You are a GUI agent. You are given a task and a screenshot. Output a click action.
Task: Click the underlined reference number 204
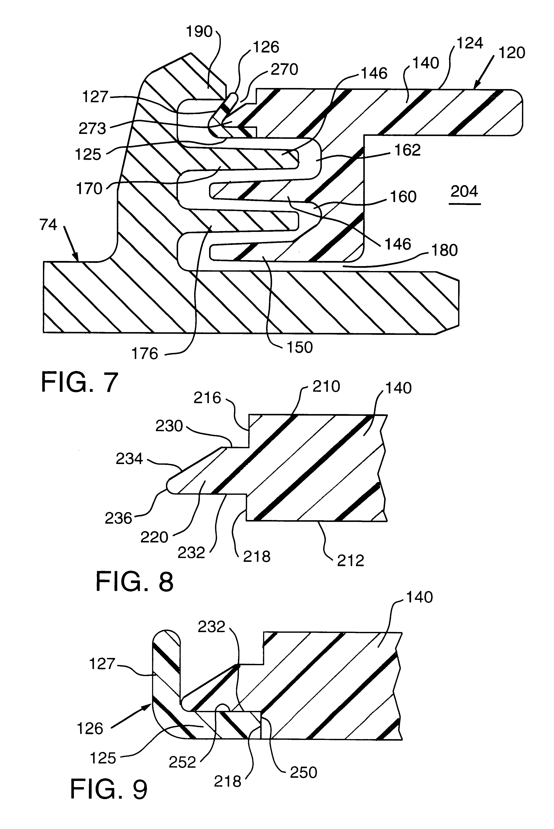click(x=464, y=192)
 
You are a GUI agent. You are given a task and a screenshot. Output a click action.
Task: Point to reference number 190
click(x=199, y=32)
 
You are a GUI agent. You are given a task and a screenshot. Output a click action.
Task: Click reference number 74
click(x=48, y=225)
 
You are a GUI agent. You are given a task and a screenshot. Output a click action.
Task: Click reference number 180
click(x=444, y=250)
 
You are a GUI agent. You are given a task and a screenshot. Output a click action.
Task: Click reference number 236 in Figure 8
click(x=118, y=518)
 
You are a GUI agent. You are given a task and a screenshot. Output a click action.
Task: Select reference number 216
click(x=207, y=398)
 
